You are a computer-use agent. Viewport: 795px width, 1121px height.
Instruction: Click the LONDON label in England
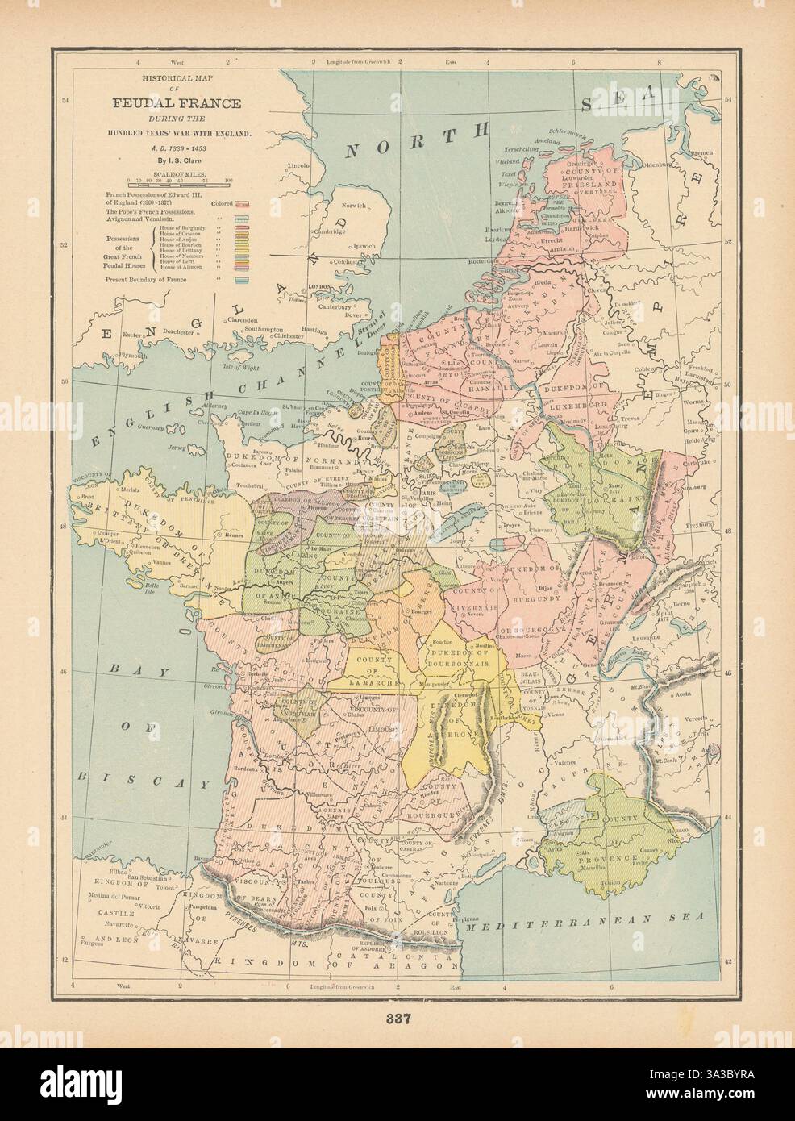tap(310, 286)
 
